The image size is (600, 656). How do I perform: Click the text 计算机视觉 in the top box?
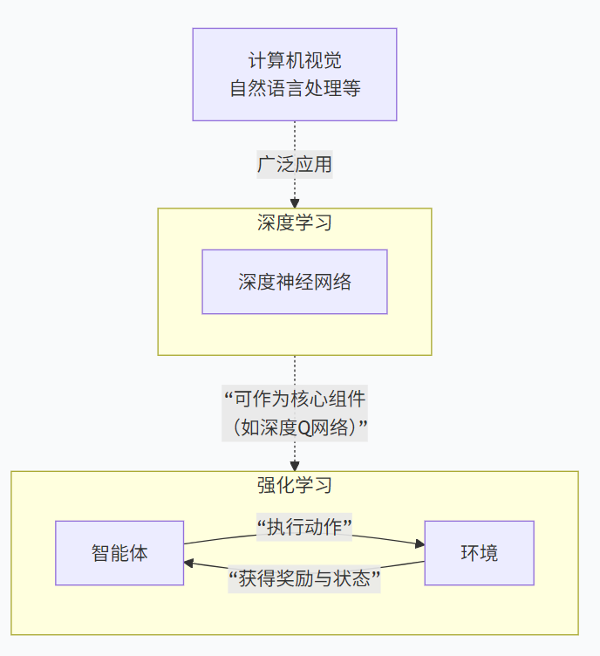tap(294, 61)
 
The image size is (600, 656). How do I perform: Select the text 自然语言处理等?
tap(294, 88)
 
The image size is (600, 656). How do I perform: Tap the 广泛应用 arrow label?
tap(294, 164)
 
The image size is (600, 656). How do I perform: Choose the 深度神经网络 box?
tap(294, 282)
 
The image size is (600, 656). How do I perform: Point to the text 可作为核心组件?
tap(294, 399)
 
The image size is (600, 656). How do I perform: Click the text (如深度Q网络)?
tap(294, 427)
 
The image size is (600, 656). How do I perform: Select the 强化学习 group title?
tap(294, 485)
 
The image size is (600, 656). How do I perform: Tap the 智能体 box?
tap(119, 553)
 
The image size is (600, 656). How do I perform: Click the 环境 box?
tap(479, 553)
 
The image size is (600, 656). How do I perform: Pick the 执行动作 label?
tap(303, 525)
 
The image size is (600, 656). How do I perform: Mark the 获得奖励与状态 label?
tap(304, 578)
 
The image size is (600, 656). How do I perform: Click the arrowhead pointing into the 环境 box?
tap(419, 544)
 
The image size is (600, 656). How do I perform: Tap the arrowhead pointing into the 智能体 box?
tap(189, 564)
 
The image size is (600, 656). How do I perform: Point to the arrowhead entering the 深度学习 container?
tap(294, 203)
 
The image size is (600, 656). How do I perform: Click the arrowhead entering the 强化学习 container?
tap(294, 467)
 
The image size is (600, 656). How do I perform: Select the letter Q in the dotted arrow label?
tap(305, 427)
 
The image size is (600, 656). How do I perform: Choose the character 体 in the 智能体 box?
tap(139, 553)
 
